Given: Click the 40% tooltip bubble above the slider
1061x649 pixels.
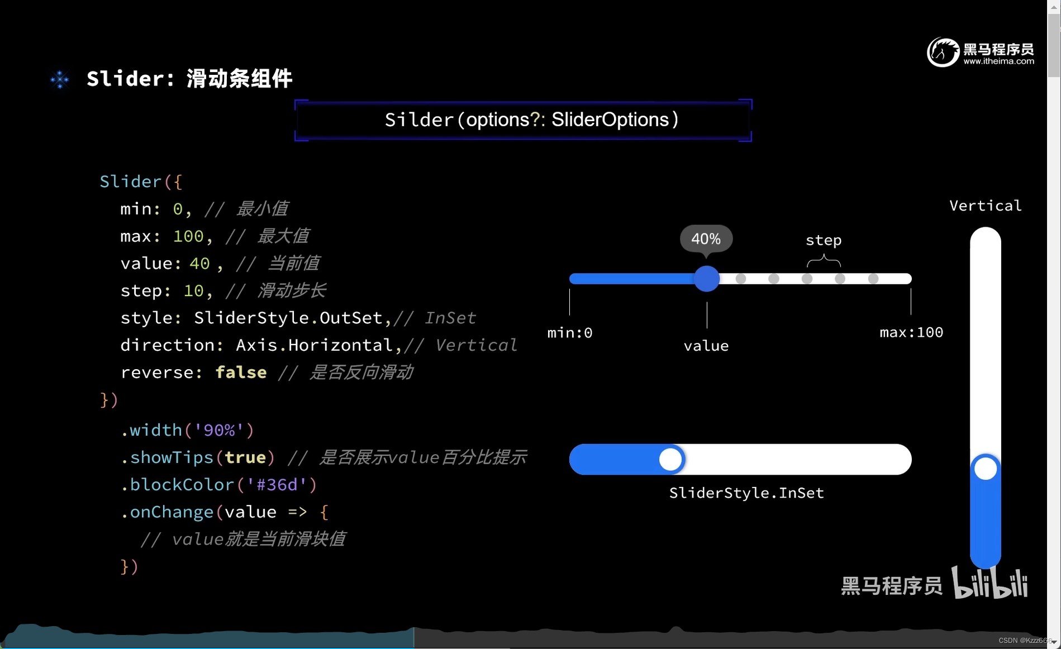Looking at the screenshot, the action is (x=706, y=239).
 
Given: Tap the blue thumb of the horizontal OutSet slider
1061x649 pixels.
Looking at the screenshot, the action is (x=707, y=279).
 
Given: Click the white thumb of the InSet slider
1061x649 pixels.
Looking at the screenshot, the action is (x=670, y=460).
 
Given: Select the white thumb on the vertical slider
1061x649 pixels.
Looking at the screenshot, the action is (x=986, y=469).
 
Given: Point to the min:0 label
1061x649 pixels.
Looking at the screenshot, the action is (x=570, y=333).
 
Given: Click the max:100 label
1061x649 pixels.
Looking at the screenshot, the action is (x=911, y=332).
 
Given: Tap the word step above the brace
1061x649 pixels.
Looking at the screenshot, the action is (x=824, y=240).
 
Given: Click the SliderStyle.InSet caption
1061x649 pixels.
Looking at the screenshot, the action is (x=746, y=493).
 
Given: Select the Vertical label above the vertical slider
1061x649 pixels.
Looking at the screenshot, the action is (x=986, y=206).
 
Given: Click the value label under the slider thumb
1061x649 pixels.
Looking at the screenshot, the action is (x=706, y=346).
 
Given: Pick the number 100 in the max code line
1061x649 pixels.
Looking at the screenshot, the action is (x=188, y=236).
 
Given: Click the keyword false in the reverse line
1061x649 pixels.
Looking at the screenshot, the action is (x=241, y=373).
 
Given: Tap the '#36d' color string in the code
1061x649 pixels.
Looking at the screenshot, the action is (x=277, y=485).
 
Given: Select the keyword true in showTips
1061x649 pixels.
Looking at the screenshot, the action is (x=245, y=457).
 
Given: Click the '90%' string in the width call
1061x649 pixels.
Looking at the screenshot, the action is (x=218, y=430).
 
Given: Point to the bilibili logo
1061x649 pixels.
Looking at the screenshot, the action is (x=989, y=584).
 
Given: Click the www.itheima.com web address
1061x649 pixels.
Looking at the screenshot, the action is (x=998, y=61).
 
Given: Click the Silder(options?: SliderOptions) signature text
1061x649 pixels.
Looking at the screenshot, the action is (x=531, y=120).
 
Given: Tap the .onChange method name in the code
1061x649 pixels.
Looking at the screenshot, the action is (x=167, y=512).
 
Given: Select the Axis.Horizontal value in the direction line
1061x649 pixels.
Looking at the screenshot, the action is (x=314, y=345).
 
